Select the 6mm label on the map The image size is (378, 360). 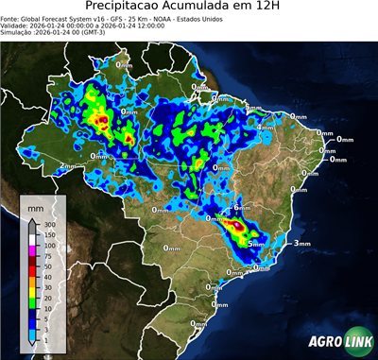coord(242,208)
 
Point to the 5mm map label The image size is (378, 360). coord(255,244)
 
